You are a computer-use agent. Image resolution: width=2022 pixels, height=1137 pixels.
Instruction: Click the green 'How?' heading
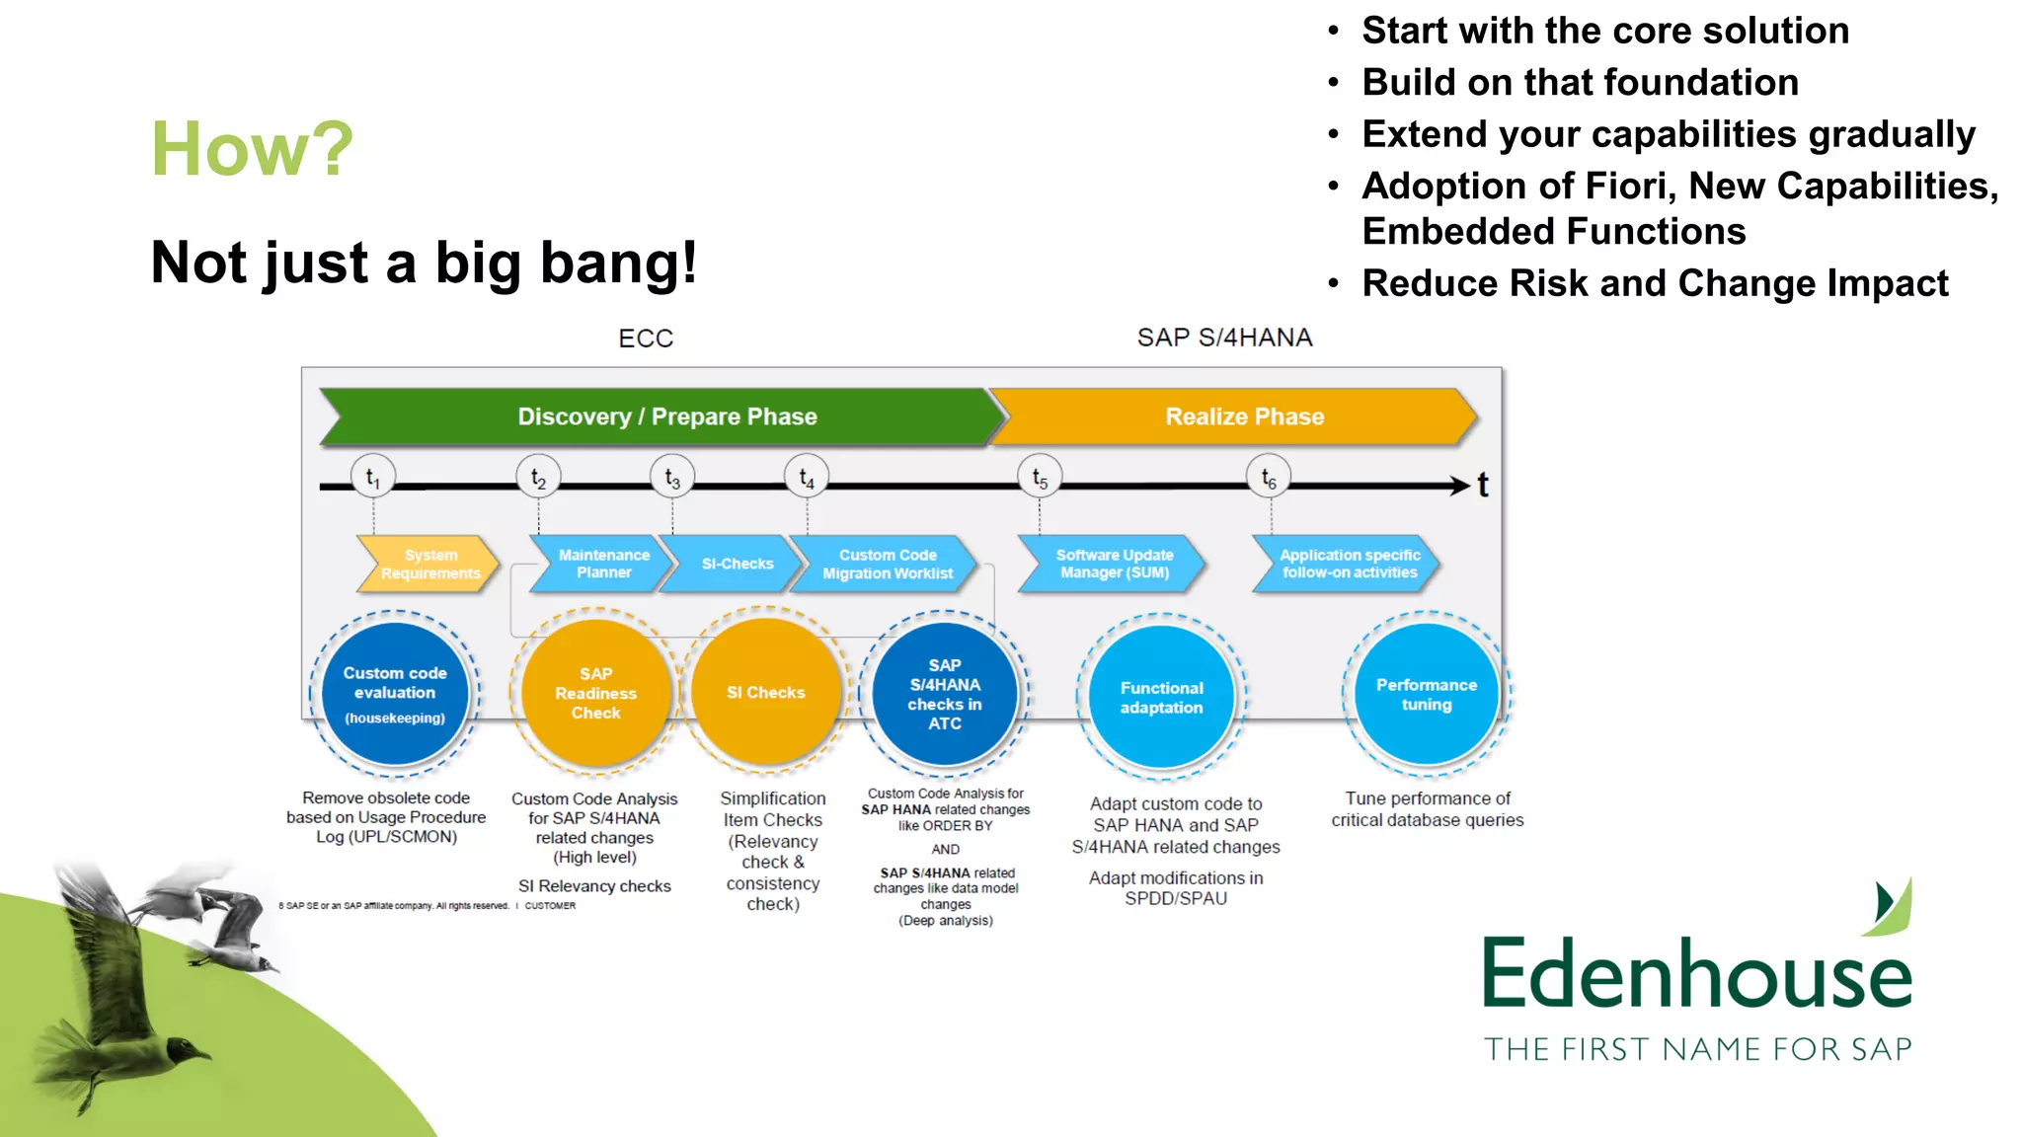pos(252,149)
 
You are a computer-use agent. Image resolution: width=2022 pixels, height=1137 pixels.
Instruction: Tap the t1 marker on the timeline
pos(373,478)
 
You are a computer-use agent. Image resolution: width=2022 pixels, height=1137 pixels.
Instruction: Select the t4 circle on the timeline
pos(807,478)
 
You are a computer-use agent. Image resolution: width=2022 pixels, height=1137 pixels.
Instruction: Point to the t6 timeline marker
pos(1269,479)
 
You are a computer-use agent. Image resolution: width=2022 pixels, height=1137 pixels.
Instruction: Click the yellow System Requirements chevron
pos(429,564)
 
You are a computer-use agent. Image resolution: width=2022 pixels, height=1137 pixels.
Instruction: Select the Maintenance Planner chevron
pos(602,564)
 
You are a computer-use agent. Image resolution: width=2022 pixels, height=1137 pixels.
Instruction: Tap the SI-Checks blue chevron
pos(737,564)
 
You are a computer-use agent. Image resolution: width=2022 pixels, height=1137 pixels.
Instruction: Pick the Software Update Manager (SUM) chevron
pos(1114,564)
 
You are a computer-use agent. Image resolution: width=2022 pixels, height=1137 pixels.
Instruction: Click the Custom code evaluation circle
pos(395,693)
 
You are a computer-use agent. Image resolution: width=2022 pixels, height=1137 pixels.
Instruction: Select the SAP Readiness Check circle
pos(595,693)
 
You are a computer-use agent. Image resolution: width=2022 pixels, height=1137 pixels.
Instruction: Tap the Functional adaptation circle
pos(1161,697)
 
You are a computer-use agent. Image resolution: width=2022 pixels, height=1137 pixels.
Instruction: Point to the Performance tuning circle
pos(1426,693)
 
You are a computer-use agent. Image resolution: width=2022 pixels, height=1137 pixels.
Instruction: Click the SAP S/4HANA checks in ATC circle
pos(945,693)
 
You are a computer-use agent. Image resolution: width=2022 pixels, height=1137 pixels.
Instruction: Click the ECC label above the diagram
pos(646,339)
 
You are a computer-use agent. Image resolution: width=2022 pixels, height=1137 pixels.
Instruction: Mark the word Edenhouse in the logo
pos(1696,974)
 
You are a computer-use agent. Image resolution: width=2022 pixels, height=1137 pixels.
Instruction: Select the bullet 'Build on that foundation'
pos(1580,82)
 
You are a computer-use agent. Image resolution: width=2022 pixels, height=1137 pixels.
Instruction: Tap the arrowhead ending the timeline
pos(1460,485)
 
